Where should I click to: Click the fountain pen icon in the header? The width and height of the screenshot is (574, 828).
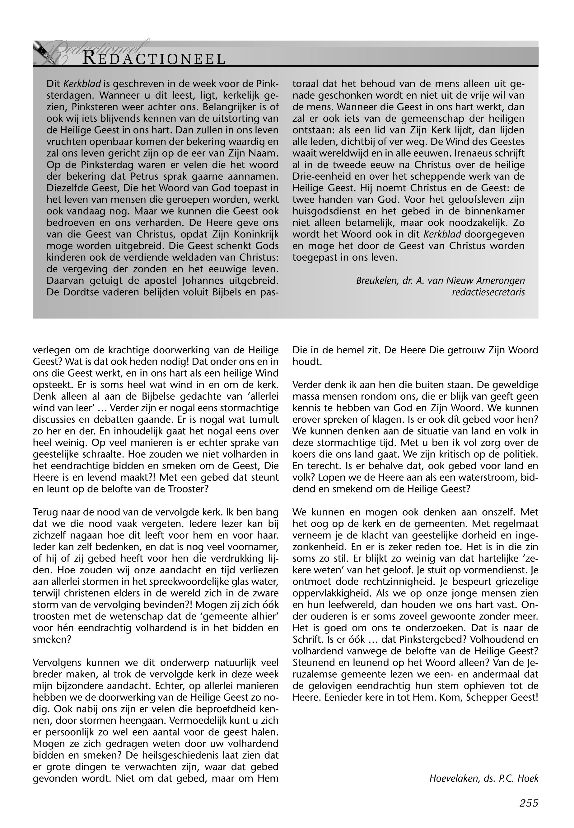[x=42, y=50]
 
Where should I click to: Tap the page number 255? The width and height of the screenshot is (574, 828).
[x=528, y=803]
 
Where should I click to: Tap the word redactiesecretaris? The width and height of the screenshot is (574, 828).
[x=488, y=292]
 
